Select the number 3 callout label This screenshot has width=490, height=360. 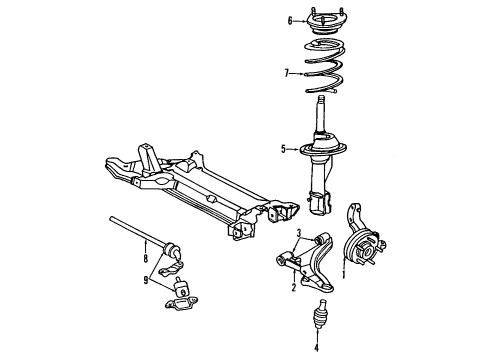coord(297,233)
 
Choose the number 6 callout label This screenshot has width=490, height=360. coord(290,20)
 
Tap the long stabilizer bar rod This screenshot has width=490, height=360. coord(135,238)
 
